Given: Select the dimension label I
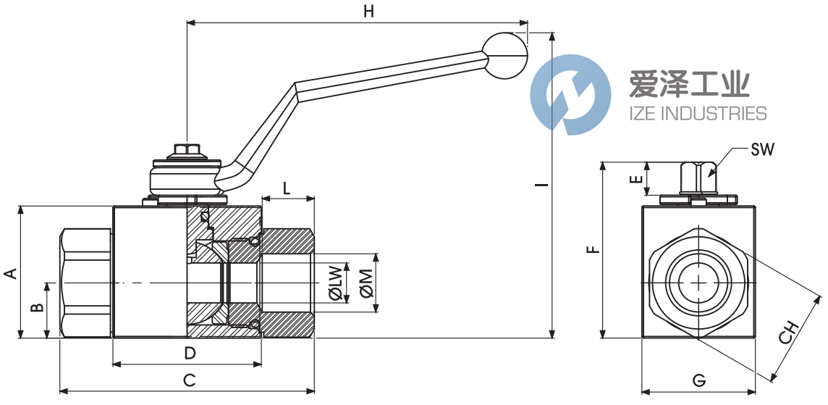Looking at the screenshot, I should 540,185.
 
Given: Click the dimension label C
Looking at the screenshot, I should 189,379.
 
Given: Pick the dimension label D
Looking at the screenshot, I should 190,353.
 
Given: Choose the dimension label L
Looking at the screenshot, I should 287,188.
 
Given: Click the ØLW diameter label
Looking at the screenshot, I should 334,283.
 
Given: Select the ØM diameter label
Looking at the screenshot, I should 366,283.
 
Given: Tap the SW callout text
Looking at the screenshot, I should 762,150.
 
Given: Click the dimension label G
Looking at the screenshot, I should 698,380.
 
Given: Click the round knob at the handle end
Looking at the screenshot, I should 506,55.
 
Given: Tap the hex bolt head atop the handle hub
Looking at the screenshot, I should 187,151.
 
